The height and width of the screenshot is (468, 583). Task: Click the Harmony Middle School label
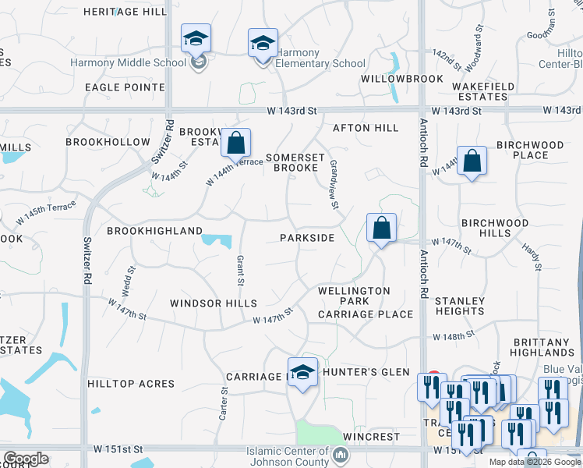point(129,63)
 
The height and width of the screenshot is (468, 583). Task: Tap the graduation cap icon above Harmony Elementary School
point(263,44)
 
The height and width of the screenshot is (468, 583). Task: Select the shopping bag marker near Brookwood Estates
point(235,144)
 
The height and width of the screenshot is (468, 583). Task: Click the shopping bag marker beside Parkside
point(381,229)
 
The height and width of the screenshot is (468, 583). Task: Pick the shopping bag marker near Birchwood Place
point(472,161)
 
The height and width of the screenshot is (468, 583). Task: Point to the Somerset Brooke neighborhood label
point(292,162)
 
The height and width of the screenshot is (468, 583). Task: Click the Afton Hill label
point(366,128)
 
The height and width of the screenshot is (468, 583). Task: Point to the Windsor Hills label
point(213,303)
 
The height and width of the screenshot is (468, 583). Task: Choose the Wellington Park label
point(355,296)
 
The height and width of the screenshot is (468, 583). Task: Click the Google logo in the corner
point(26,459)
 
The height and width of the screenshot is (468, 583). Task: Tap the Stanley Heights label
point(459,306)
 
